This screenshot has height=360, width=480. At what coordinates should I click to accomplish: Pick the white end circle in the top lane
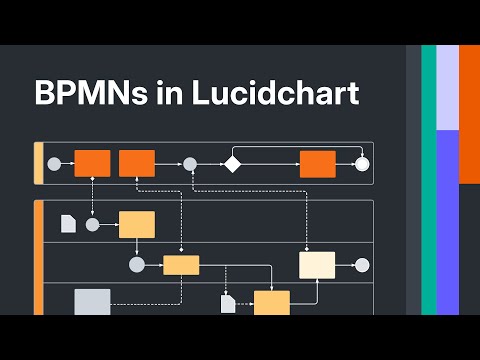pyautogui.click(x=362, y=164)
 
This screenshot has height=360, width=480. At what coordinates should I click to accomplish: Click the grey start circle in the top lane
pyautogui.click(x=54, y=164)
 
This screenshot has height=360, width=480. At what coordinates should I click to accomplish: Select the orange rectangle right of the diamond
pyautogui.click(x=317, y=164)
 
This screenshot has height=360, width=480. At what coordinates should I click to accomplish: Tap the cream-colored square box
pyautogui.click(x=317, y=265)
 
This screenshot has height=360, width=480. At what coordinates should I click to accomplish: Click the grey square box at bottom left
pyautogui.click(x=92, y=301)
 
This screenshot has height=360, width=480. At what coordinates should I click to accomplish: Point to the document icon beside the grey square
pyautogui.click(x=68, y=224)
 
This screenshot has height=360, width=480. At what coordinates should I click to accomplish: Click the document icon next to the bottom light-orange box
pyautogui.click(x=228, y=302)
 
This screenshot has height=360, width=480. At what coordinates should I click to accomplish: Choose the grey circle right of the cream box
pyautogui.click(x=362, y=265)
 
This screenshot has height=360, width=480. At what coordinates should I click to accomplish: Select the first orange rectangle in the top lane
pyautogui.click(x=92, y=163)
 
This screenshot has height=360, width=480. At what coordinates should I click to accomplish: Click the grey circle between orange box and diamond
pyautogui.click(x=189, y=164)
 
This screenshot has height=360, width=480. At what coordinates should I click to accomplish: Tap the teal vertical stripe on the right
pyautogui.click(x=428, y=180)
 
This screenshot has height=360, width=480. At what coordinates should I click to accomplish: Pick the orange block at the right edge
pyautogui.click(x=469, y=115)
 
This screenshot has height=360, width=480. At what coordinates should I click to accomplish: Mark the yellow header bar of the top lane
pyautogui.click(x=38, y=164)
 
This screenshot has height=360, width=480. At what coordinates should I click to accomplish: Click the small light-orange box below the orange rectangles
pyautogui.click(x=181, y=265)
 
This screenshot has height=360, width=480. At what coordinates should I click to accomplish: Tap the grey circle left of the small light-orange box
pyautogui.click(x=137, y=265)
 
